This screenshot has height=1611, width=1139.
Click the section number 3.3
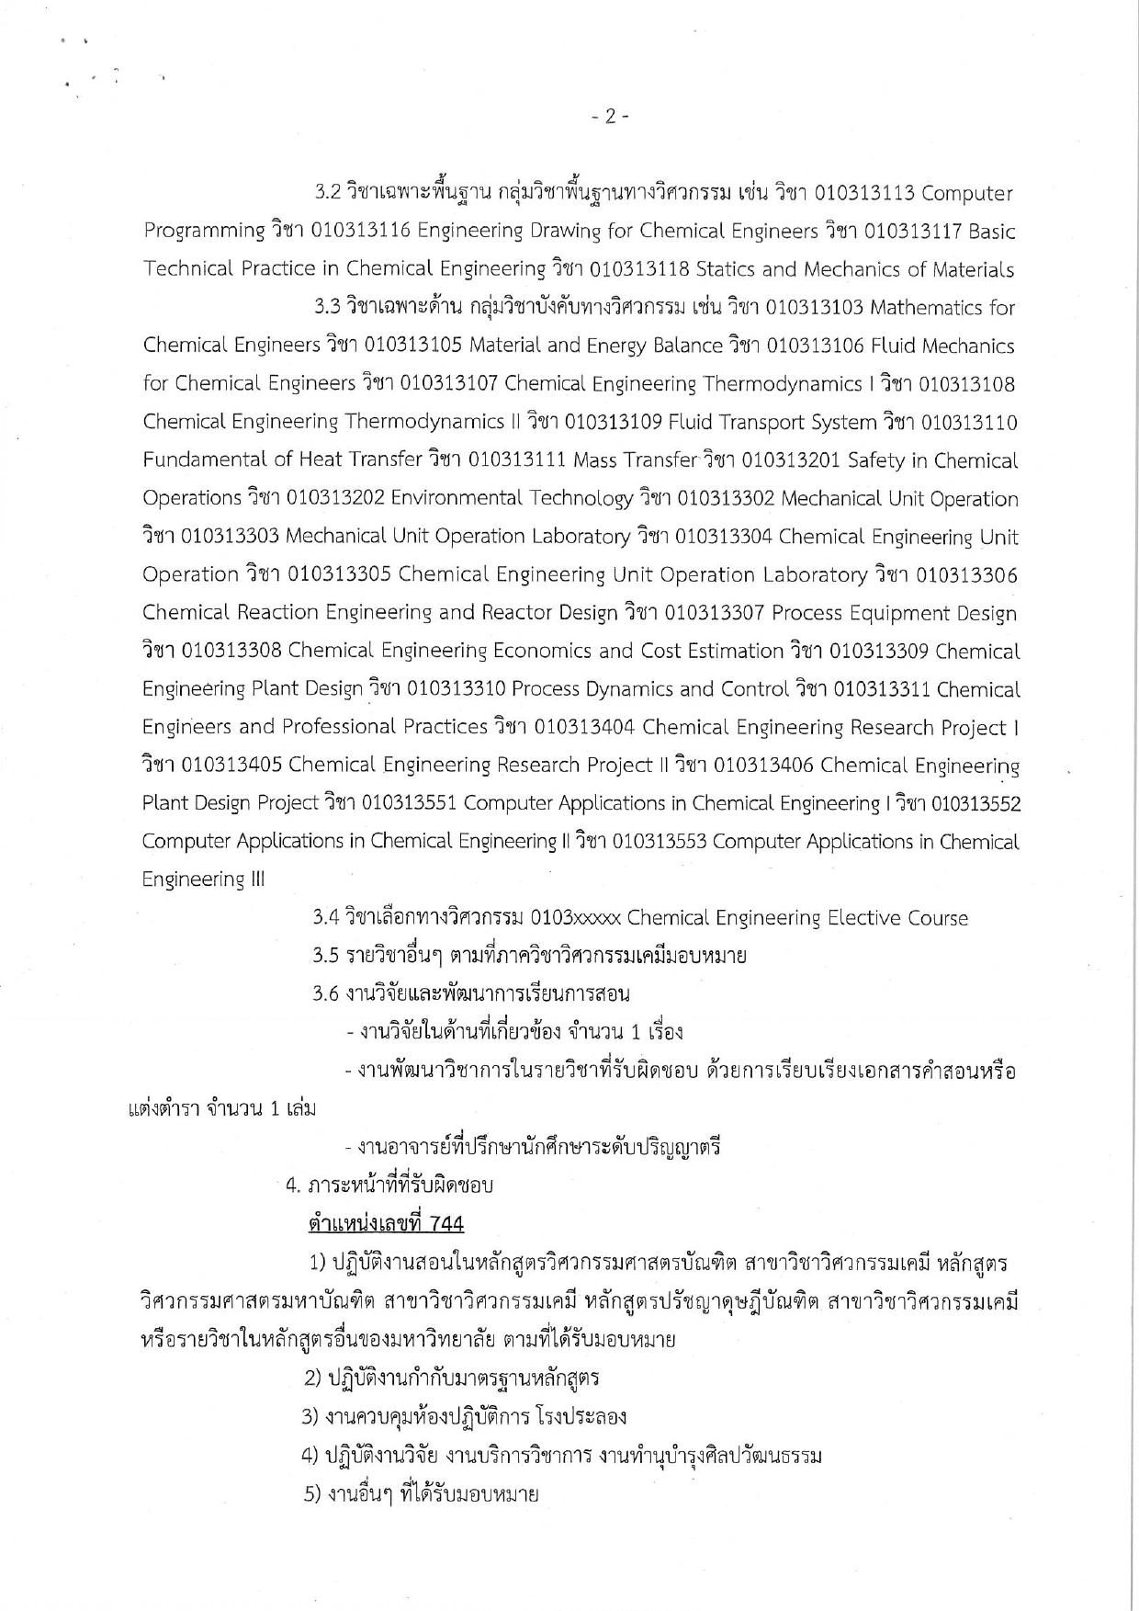328,308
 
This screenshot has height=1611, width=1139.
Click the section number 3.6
326,993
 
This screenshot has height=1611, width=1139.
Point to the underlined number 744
446,1224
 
